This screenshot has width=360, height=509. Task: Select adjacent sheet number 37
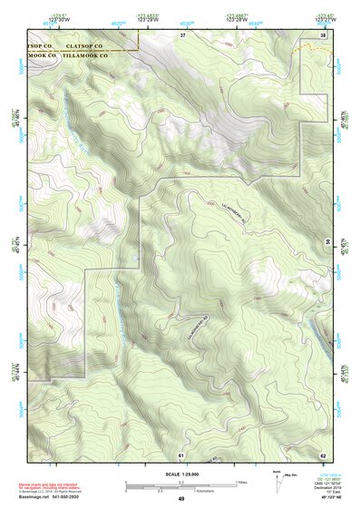point(181,34)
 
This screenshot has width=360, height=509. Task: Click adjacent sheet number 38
point(323,34)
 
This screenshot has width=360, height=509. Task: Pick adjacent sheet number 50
point(326,241)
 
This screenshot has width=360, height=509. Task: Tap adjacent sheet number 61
point(181,453)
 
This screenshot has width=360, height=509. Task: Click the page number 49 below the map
point(181,498)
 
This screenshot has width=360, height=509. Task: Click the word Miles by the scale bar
point(240,481)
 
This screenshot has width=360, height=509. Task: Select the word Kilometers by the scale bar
point(214,491)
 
